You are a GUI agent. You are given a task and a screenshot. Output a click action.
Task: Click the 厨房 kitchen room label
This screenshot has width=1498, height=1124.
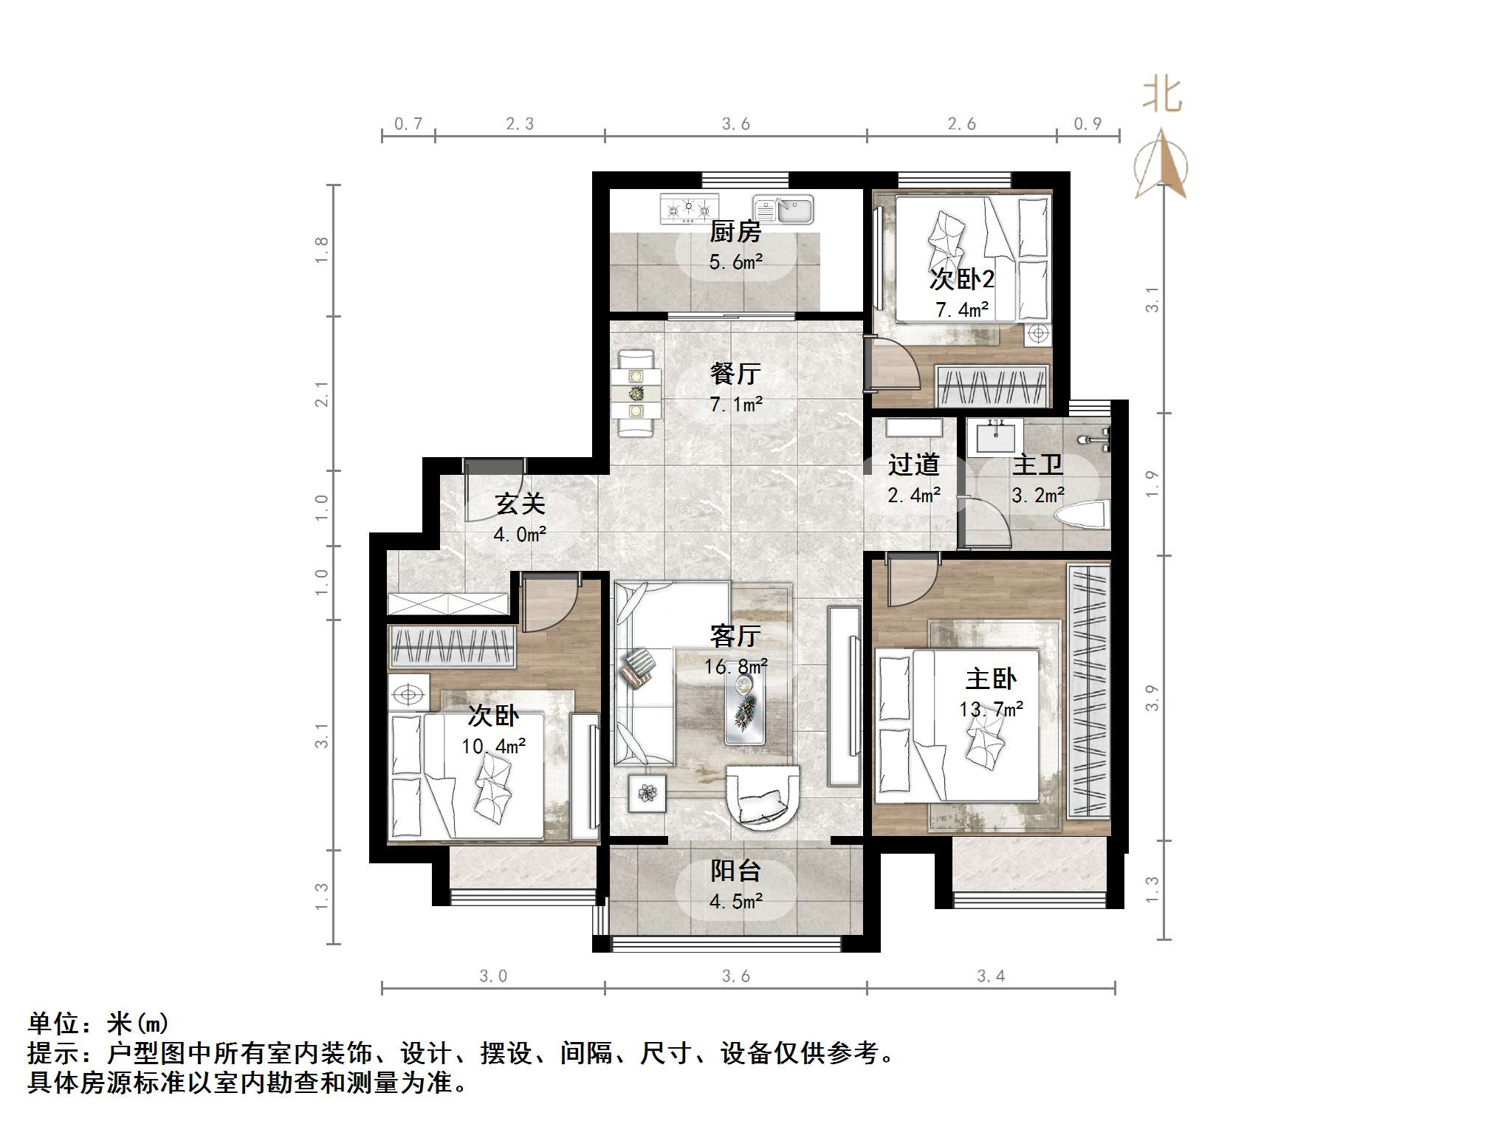735,233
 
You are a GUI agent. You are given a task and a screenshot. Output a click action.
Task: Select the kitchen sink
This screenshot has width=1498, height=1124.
783,210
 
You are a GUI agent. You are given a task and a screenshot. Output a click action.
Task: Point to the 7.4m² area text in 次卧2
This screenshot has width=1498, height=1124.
962,310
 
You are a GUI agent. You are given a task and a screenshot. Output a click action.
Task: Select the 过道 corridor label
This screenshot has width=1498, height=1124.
913,465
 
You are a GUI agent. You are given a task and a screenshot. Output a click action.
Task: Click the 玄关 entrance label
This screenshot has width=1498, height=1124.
520,504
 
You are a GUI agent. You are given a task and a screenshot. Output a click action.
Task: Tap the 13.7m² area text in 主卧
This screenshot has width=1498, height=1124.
991,710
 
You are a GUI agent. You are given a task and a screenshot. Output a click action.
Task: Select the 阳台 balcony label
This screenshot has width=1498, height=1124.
735,871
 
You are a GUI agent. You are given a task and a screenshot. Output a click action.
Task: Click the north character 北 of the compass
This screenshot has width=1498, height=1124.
1162,96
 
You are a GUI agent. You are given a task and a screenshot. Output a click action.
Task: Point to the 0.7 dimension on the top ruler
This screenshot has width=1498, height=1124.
408,124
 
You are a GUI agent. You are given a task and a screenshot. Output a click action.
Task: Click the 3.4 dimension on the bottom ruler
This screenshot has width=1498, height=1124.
991,976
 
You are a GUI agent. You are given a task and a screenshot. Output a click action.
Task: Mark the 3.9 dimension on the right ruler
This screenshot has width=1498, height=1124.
1152,698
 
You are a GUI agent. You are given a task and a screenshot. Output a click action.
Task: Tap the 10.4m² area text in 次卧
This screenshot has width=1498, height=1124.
493,747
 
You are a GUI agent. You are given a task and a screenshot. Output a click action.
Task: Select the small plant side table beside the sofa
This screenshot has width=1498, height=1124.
647,793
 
